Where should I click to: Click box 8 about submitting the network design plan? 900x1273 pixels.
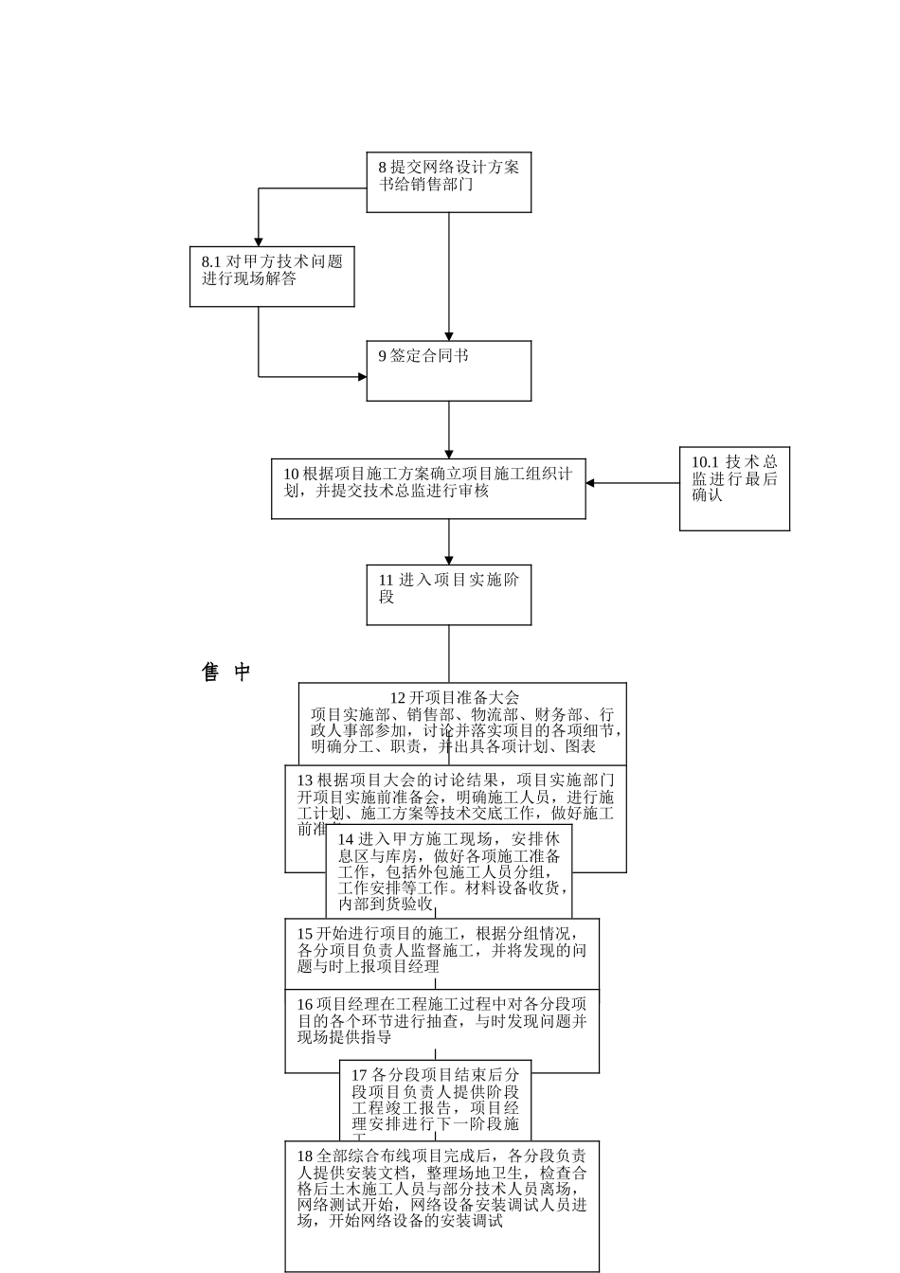tap(448, 182)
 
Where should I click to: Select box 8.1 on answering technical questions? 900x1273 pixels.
tap(272, 277)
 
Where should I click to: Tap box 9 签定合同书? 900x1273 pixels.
tap(448, 370)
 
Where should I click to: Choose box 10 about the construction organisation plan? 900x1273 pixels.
tap(428, 489)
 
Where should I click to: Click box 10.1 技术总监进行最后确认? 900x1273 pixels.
tap(734, 488)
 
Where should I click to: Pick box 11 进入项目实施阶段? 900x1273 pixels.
tap(448, 595)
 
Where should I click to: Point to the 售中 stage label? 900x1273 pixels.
tap(226, 672)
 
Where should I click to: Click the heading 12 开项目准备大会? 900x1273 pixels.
tap(455, 698)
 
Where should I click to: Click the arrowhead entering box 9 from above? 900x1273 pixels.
tap(449, 335)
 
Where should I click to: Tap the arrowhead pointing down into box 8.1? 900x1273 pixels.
tap(259, 242)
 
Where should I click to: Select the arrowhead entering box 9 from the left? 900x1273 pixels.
tap(362, 377)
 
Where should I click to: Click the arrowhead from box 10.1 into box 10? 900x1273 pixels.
tap(590, 483)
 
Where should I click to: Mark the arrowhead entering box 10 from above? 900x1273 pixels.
tap(449, 454)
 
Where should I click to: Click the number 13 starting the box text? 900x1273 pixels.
tap(305, 780)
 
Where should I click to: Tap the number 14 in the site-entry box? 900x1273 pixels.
tap(346, 839)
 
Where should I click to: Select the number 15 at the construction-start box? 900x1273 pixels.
tap(305, 933)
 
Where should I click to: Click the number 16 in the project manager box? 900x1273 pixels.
tap(305, 1004)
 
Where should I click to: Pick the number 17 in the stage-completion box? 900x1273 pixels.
tap(359, 1075)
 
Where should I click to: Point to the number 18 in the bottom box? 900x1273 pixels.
tap(305, 1156)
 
